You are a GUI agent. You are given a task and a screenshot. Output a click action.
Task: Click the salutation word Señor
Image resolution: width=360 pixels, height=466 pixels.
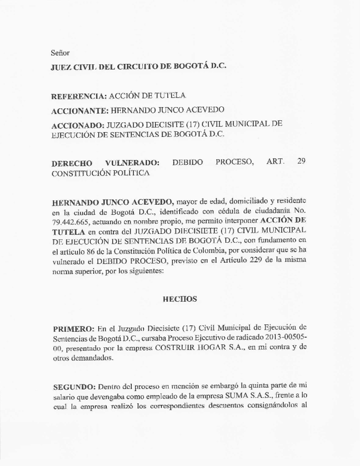60,53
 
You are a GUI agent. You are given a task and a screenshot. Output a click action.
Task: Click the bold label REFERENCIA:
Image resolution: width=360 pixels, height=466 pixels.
79,96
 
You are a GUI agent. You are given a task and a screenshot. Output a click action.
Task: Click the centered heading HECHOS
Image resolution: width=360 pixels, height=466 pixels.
180,299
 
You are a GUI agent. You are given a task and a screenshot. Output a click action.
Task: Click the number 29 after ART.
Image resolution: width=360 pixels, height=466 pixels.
301,161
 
